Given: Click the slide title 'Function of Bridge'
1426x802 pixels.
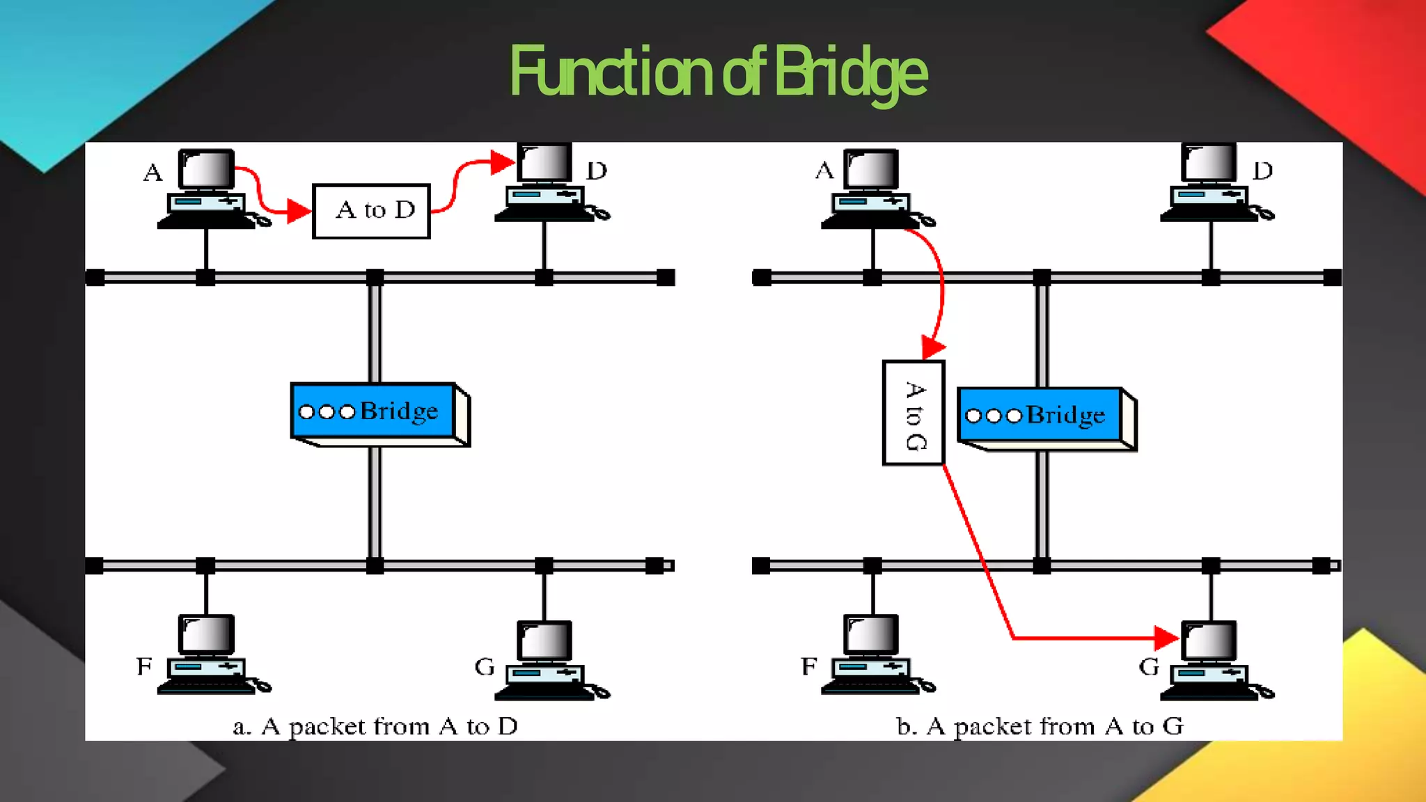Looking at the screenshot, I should (x=719, y=72).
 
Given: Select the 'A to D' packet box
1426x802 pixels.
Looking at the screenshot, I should (x=372, y=211).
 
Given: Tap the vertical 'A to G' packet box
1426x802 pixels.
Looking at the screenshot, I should (x=914, y=413).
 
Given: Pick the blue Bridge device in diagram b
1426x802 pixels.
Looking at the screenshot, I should (x=1040, y=416).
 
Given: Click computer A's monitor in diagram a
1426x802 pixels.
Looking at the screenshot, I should (x=206, y=168).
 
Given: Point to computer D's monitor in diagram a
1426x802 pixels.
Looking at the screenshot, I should (x=544, y=162).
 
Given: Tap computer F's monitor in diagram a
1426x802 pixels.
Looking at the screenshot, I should (x=206, y=634).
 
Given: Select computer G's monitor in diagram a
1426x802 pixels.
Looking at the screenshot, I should (x=544, y=640).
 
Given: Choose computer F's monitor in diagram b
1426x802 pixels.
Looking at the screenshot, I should (x=871, y=634).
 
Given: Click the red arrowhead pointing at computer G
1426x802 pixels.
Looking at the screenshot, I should (x=1166, y=637).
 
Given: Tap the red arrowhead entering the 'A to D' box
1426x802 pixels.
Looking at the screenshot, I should (x=299, y=211).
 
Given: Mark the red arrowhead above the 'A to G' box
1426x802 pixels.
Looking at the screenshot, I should (x=932, y=346).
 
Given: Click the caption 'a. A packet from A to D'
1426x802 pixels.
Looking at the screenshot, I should (x=375, y=727).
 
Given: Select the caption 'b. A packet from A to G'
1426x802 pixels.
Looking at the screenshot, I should (x=1040, y=727).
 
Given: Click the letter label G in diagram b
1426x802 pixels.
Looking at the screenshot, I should (x=1149, y=667).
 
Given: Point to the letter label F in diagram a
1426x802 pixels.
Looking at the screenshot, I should (x=144, y=666).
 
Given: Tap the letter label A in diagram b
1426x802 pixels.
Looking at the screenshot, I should (x=824, y=170).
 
